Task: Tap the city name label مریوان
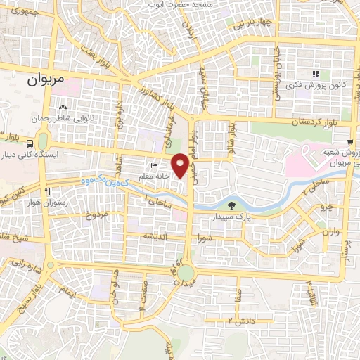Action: click(46, 80)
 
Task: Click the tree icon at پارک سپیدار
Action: click(232, 205)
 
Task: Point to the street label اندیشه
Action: click(155, 236)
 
